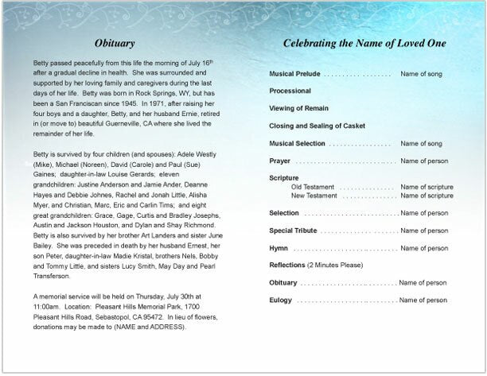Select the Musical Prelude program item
(x=294, y=74)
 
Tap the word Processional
(x=290, y=91)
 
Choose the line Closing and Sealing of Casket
(x=317, y=126)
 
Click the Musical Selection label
(x=298, y=143)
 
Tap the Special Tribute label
(x=294, y=231)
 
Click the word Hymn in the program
(x=279, y=248)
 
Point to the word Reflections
(x=287, y=265)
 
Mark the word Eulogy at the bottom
(x=280, y=300)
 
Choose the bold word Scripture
(x=284, y=178)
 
